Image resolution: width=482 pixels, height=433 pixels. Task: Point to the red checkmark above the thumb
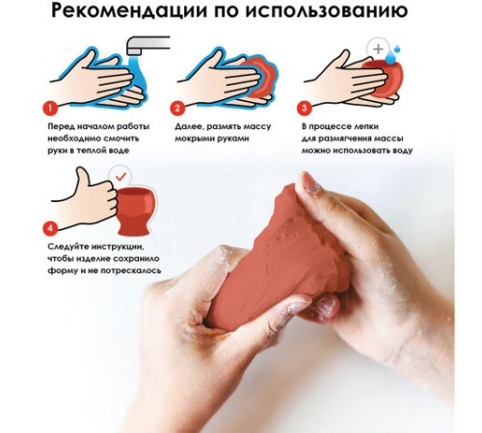tap(118, 179)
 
